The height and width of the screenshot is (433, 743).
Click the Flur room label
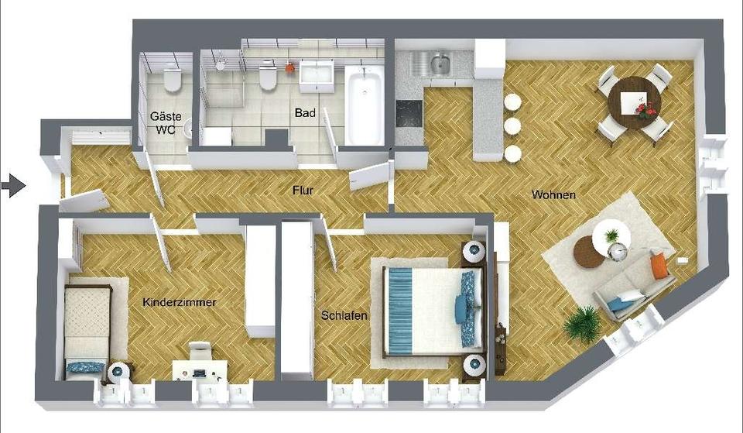point(303,191)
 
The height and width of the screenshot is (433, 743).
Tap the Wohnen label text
point(553,194)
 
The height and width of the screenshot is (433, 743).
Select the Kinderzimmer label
point(180,302)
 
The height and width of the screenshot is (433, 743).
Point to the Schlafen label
point(344,315)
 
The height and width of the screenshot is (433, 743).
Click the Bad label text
point(305,113)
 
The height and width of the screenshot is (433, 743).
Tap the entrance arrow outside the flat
point(13,185)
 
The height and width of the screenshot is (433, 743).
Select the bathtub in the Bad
point(365,105)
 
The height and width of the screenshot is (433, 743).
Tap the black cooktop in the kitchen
point(409,115)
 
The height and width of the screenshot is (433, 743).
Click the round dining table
point(635,103)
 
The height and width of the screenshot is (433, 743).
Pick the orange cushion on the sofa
point(659,266)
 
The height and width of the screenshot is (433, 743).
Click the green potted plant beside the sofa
point(583,325)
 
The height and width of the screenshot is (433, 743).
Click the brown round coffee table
point(589,253)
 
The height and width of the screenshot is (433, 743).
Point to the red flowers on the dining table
point(645,111)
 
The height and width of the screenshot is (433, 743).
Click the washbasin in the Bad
point(317,77)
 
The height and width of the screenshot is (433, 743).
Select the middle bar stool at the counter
point(512,126)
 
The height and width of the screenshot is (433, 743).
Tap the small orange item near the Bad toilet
point(289,68)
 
